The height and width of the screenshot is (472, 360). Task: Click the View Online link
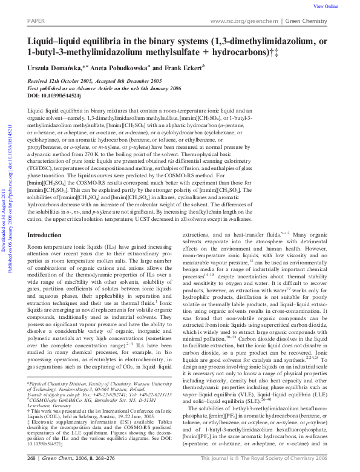(x=326, y=6)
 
